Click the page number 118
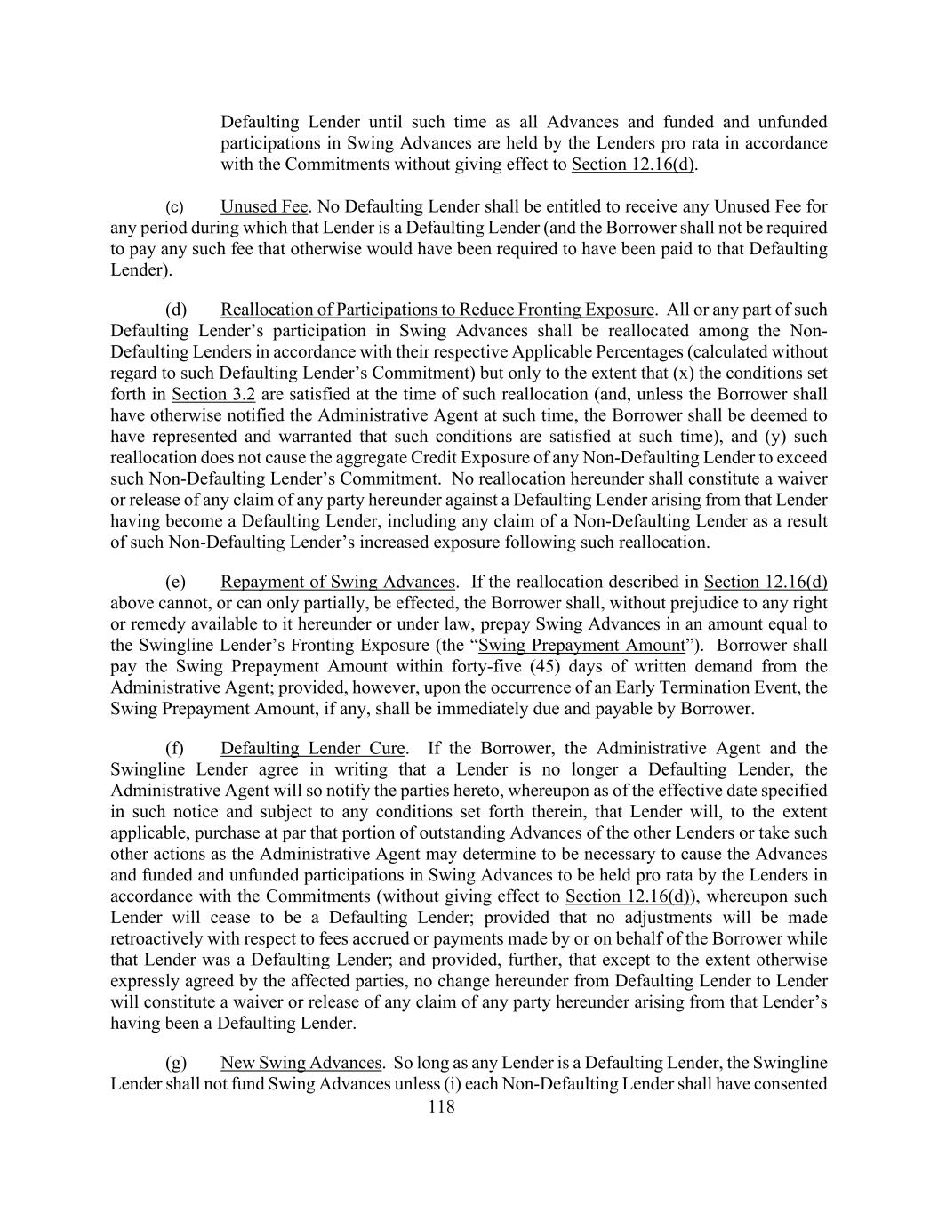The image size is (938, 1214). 441,1107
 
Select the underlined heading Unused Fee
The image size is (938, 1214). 263,207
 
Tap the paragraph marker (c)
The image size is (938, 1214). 176,207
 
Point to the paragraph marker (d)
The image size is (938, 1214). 176,310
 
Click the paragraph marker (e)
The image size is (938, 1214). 176,583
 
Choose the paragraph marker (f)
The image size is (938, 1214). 175,748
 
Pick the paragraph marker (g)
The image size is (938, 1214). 176,1063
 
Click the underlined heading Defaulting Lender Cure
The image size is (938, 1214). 313,748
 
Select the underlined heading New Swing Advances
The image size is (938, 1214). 301,1063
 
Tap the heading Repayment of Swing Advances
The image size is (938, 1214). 338,583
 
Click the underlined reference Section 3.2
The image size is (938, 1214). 213,394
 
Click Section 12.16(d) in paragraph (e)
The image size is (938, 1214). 765,583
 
